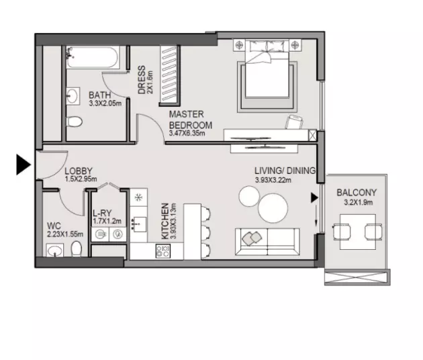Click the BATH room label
(99, 95)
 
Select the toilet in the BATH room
(75, 122)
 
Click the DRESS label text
(142, 80)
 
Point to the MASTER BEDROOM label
(190, 120)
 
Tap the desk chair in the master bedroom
(293, 122)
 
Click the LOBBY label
(79, 171)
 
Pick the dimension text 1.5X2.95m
(81, 180)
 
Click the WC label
(55, 226)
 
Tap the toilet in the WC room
(76, 250)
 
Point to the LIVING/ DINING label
(285, 171)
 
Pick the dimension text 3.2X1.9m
(357, 201)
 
